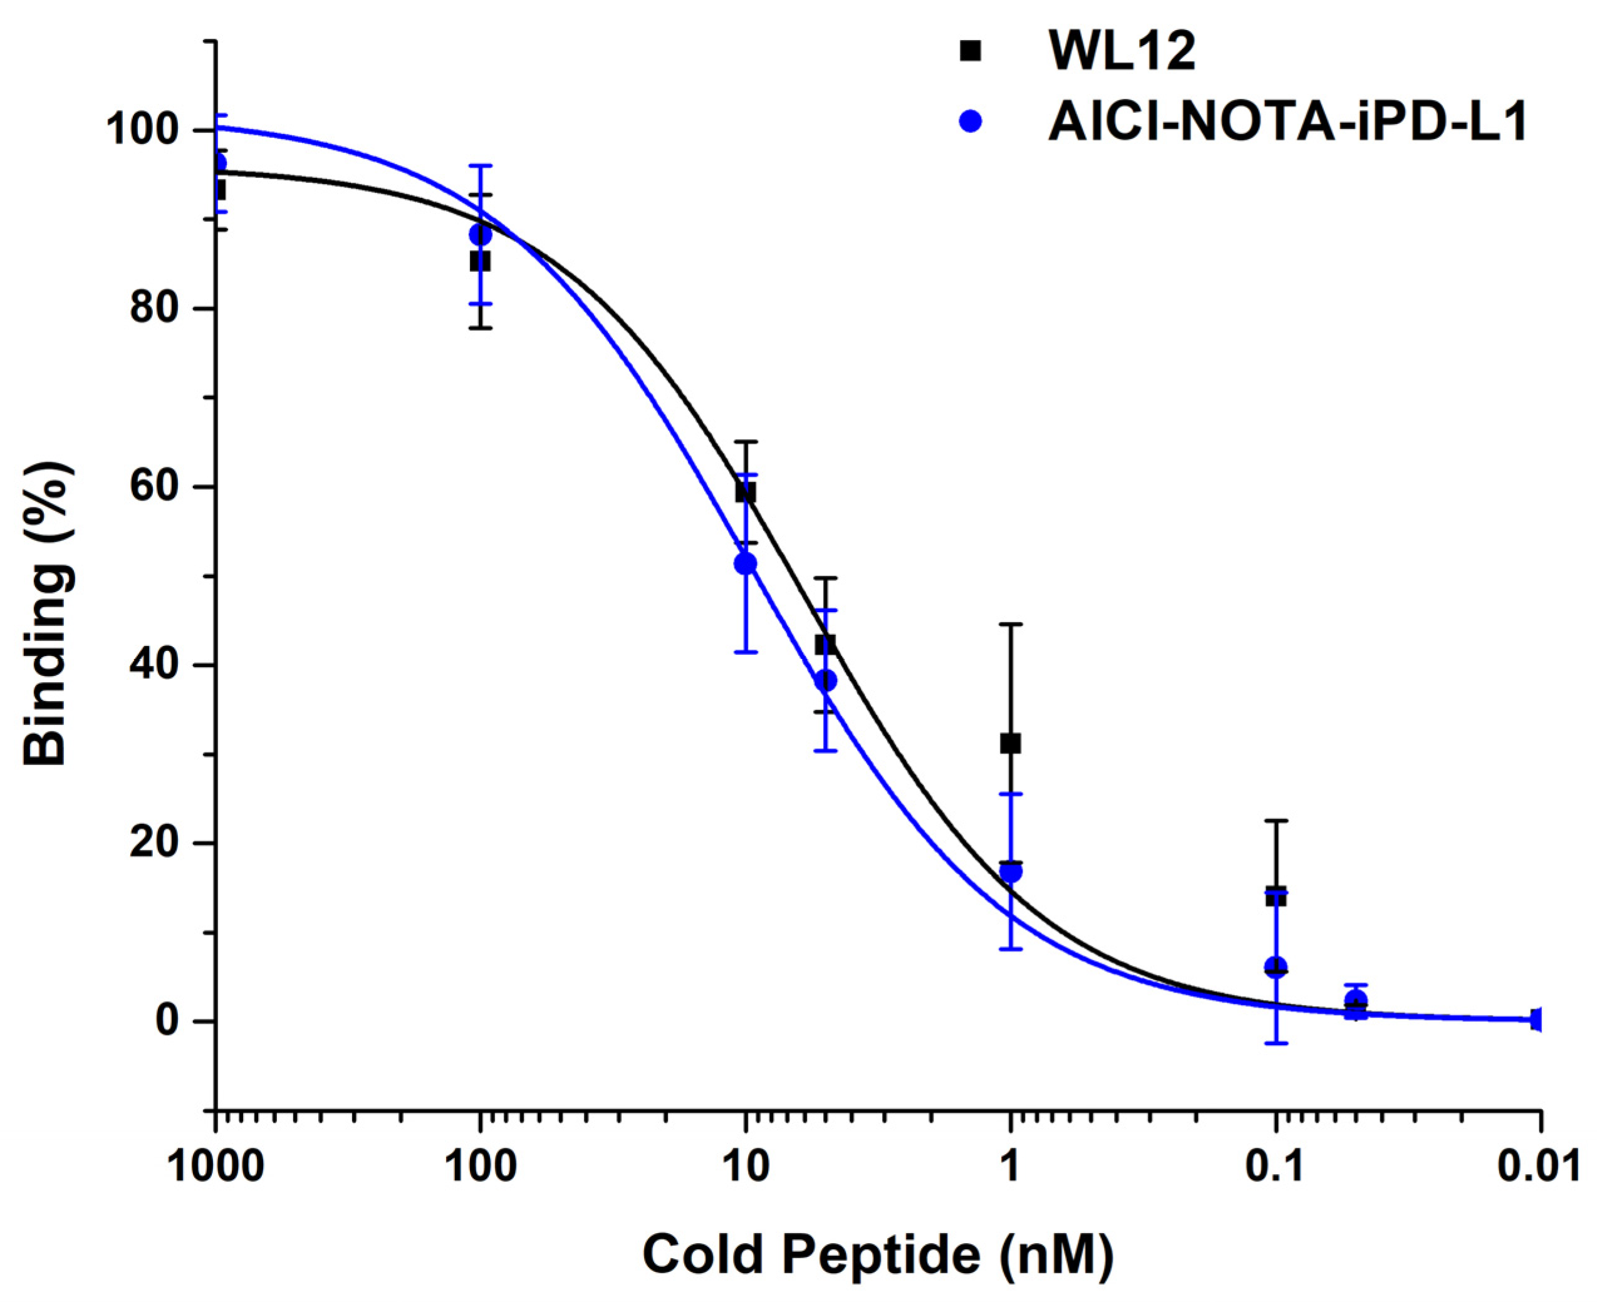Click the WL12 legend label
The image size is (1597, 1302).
click(1121, 52)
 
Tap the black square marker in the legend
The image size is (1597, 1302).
click(970, 51)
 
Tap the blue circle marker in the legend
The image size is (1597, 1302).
click(970, 120)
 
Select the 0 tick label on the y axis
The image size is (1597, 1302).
click(168, 1021)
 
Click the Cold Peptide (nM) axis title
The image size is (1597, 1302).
click(877, 1254)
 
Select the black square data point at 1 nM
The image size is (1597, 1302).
click(1010, 743)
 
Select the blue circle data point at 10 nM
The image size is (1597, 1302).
click(746, 563)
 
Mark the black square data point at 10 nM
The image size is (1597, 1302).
click(746, 492)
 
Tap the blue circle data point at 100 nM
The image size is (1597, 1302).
click(480, 235)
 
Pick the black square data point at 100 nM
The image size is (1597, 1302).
click(480, 262)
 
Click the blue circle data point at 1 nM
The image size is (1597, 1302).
click(1011, 872)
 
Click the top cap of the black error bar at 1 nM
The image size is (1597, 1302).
click(1010, 624)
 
